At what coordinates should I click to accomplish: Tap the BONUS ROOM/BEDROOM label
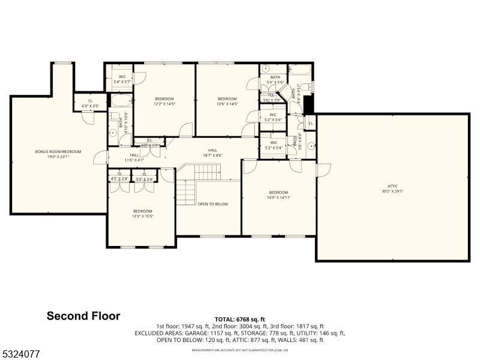[58, 154]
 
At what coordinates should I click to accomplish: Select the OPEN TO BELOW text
[213, 204]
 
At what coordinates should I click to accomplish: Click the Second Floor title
[83, 316]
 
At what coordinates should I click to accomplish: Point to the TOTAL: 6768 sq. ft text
[239, 319]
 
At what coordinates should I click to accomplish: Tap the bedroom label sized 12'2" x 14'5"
[164, 101]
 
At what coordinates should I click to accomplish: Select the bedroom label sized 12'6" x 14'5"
[227, 101]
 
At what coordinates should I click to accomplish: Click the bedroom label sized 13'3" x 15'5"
[142, 214]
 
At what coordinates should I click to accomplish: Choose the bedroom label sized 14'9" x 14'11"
[278, 194]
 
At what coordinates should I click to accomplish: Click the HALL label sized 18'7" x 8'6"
[212, 153]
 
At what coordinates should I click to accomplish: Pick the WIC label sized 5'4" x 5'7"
[121, 79]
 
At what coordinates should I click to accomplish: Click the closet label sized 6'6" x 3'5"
[91, 103]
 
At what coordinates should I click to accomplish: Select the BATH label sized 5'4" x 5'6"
[275, 79]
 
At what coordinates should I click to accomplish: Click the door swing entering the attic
[323, 170]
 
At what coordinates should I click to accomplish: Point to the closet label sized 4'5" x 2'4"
[119, 176]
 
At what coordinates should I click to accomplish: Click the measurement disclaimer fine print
[239, 350]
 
